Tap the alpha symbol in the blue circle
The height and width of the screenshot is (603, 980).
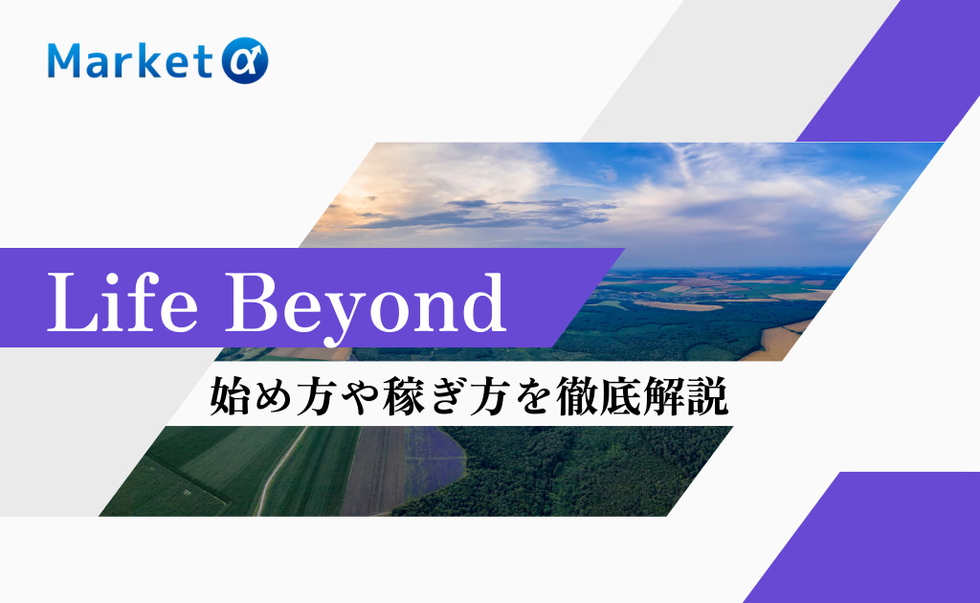[246, 62]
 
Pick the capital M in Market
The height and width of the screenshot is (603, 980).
[65, 62]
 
